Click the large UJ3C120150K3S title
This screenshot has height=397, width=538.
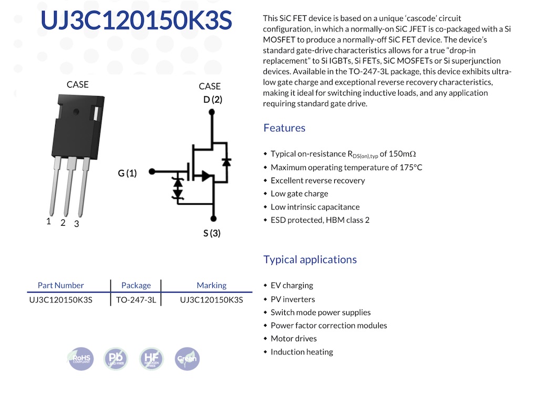[136, 20]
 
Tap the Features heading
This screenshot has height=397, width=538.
[284, 128]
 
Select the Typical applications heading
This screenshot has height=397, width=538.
[310, 259]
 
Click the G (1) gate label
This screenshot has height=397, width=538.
[127, 173]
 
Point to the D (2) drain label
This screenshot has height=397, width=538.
[213, 99]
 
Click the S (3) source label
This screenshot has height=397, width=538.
[212, 233]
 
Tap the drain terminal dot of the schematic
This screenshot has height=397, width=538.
[212, 112]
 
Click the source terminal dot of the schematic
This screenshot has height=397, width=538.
[213, 219]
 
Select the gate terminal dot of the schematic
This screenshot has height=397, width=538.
[152, 171]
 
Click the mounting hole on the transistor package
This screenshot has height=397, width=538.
[76, 111]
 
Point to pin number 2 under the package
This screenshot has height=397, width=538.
[63, 223]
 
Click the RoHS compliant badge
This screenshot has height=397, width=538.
[80, 359]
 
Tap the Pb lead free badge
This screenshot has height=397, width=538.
[116, 359]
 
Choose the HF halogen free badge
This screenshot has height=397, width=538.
[151, 359]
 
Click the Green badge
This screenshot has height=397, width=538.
[187, 359]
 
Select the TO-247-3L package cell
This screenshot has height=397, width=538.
[136, 300]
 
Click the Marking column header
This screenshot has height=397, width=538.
[211, 285]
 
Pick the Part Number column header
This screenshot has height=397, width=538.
[61, 285]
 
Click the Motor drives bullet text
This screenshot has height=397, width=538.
[294, 339]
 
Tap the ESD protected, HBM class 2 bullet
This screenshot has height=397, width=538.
[320, 220]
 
